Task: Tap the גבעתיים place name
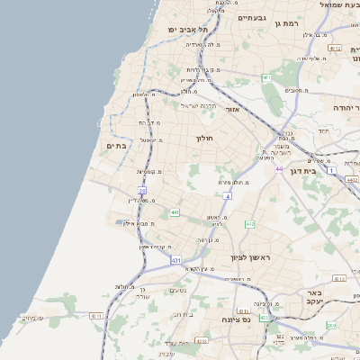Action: coord(254,17)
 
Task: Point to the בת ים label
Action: coord(117,145)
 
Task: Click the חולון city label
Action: coord(202,139)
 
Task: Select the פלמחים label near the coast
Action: coord(32,318)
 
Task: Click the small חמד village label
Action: coord(323,130)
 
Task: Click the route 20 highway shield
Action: coord(142,191)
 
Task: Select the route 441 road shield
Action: coord(175,212)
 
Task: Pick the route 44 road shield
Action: coord(279,168)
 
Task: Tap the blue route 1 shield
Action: coord(331,169)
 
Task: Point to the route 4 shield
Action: coord(229,194)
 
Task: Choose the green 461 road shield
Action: coord(266,78)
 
